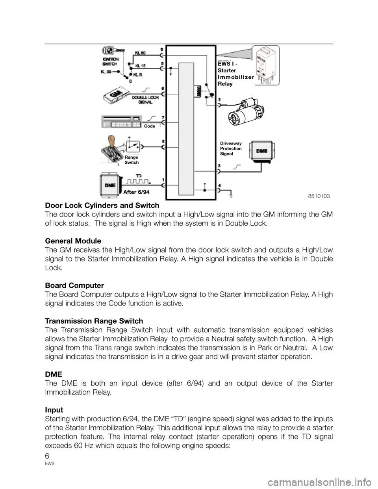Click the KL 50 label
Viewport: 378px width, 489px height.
(141, 52)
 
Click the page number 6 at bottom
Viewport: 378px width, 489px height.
(48, 457)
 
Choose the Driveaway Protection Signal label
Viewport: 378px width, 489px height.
(231, 149)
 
